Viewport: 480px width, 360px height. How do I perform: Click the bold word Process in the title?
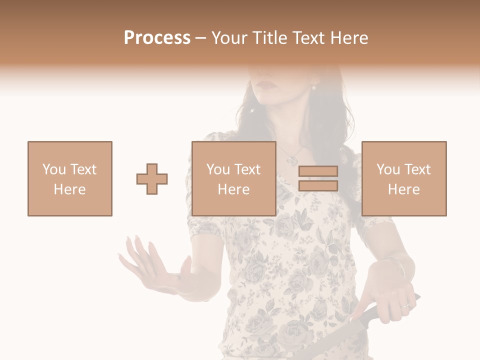pyautogui.click(x=157, y=38)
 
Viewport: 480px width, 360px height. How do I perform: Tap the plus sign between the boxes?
pyautogui.click(x=152, y=178)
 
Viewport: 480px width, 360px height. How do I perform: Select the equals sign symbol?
pyautogui.click(x=318, y=178)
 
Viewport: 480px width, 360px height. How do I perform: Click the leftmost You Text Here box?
pyautogui.click(x=70, y=178)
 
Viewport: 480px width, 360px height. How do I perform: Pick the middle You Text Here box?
pyautogui.click(x=233, y=178)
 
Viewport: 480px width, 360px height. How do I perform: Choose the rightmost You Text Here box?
pyautogui.click(x=403, y=178)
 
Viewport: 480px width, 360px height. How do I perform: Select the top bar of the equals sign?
pyautogui.click(x=318, y=171)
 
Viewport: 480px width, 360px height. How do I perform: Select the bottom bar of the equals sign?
pyautogui.click(x=318, y=185)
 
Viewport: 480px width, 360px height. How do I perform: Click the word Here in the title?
pyautogui.click(x=350, y=38)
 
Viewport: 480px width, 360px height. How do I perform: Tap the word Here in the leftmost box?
pyautogui.click(x=70, y=189)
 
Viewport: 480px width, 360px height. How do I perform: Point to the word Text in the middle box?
pyautogui.click(x=247, y=169)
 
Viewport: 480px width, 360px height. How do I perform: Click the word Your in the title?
pyautogui.click(x=228, y=38)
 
